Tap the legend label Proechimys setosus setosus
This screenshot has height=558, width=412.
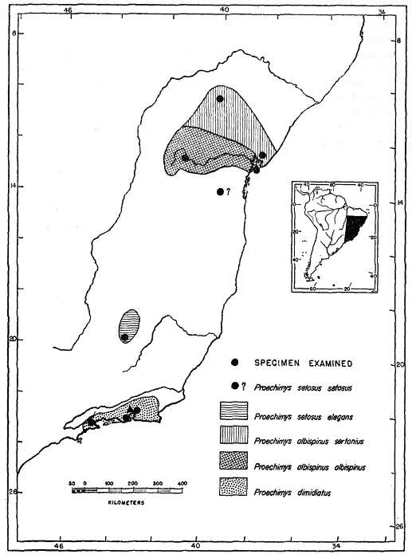(x=300, y=387)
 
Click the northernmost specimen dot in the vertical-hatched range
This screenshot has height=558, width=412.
(x=221, y=99)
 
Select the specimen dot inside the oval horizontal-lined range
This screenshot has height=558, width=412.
(x=124, y=337)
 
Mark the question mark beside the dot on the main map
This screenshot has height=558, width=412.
(x=228, y=191)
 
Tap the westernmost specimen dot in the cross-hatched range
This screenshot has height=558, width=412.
(x=185, y=157)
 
